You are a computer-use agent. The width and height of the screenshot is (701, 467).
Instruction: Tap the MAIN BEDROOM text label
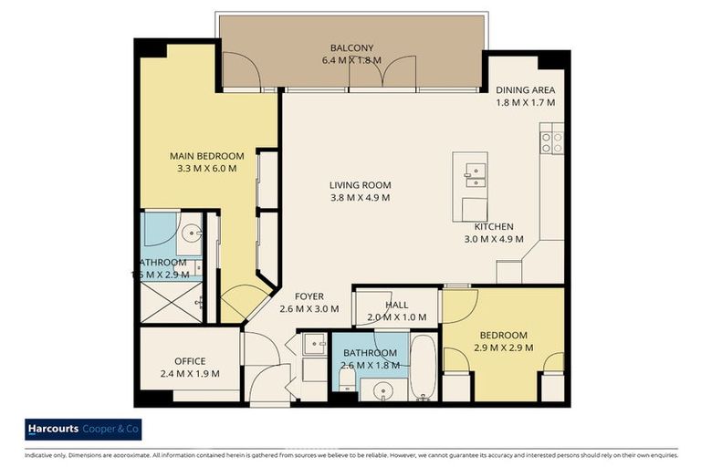(207, 156)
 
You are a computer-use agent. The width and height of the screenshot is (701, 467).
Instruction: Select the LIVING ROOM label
(360, 185)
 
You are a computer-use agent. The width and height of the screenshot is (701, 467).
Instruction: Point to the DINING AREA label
(525, 90)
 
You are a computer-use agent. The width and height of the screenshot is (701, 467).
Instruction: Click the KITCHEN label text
(493, 227)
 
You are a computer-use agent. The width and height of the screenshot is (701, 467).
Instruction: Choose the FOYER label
(309, 296)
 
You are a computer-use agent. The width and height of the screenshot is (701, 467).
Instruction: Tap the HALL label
(397, 305)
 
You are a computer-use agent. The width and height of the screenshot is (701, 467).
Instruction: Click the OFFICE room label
(190, 361)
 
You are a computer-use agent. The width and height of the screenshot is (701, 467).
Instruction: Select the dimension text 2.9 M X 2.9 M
(503, 348)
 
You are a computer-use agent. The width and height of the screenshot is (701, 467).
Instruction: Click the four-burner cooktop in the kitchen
(551, 141)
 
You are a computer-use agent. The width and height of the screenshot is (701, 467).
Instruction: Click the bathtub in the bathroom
(423, 367)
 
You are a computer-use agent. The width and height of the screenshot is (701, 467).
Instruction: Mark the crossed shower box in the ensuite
(171, 304)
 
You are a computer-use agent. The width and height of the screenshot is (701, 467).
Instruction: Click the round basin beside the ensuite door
(190, 234)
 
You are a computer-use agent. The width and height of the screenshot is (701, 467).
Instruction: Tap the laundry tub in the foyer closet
(313, 344)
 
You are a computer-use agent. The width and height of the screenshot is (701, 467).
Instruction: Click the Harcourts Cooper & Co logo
(83, 430)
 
